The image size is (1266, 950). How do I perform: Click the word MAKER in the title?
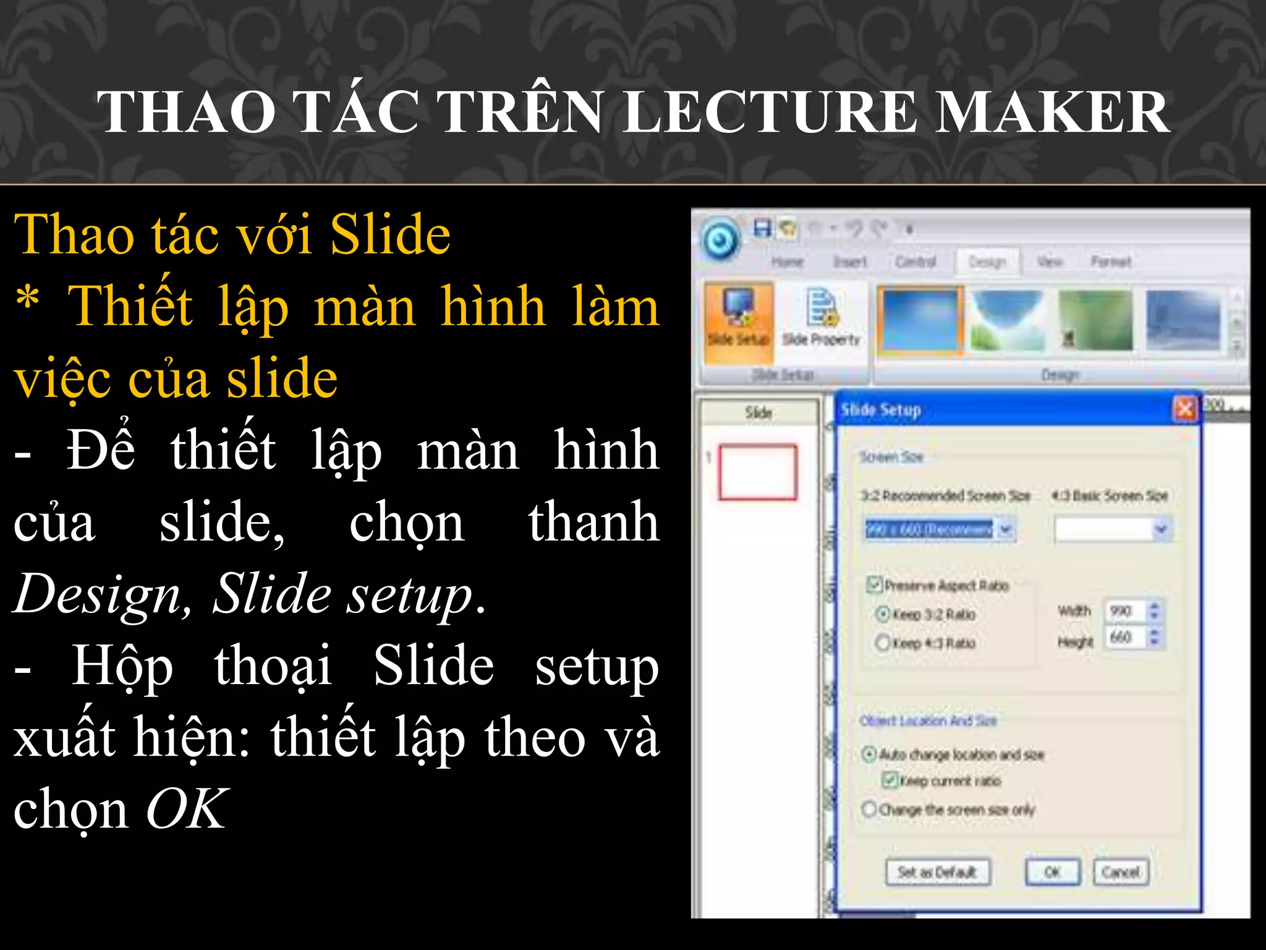coord(1051,112)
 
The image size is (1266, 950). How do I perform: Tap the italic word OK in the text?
coord(186,810)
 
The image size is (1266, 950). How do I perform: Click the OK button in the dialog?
coord(1052,872)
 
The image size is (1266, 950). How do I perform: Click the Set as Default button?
coord(937,872)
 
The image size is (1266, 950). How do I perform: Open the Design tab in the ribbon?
coord(987,262)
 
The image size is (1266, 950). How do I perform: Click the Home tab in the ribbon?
coord(787,262)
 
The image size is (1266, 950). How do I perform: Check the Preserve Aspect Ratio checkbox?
coord(874,584)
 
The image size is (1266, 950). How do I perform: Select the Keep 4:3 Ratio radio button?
coord(883,643)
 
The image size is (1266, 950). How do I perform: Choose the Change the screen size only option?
coord(869,809)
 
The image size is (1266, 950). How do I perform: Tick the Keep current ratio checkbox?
coord(890,780)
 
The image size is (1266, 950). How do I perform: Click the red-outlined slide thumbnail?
coord(757,472)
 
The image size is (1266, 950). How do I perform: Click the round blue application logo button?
coord(720,239)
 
